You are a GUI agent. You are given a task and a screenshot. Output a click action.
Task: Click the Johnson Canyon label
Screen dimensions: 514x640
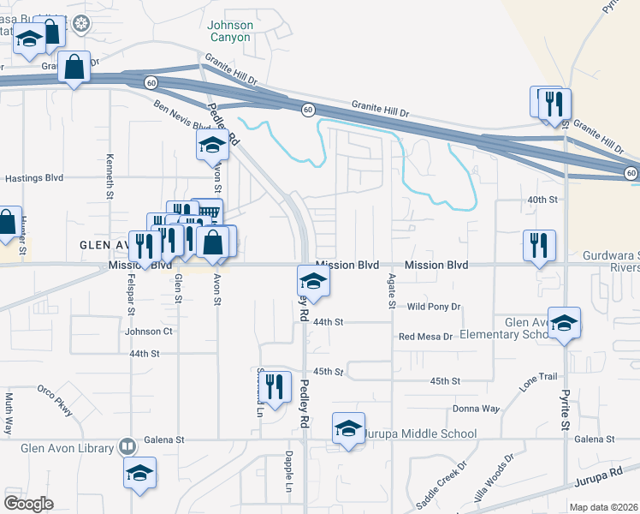click(230, 31)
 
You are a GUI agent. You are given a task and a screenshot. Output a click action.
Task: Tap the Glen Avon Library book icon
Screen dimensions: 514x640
click(127, 447)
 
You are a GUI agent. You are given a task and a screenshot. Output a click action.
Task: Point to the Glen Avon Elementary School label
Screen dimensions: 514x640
click(506, 328)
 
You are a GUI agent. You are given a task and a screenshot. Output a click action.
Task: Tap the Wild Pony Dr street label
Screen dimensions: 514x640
click(434, 306)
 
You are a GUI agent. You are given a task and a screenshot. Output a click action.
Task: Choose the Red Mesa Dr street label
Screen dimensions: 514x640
click(425, 337)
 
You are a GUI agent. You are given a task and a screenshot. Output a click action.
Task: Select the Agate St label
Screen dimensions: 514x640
click(392, 291)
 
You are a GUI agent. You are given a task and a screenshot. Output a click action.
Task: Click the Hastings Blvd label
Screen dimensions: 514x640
click(34, 178)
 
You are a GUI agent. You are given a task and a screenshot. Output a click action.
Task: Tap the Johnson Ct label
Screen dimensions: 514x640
click(149, 332)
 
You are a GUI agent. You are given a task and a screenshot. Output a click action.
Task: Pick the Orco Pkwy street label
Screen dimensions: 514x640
click(55, 399)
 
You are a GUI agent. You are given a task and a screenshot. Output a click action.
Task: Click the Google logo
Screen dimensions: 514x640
click(28, 503)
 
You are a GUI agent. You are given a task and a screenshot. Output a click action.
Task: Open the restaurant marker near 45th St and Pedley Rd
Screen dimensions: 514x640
click(274, 385)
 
